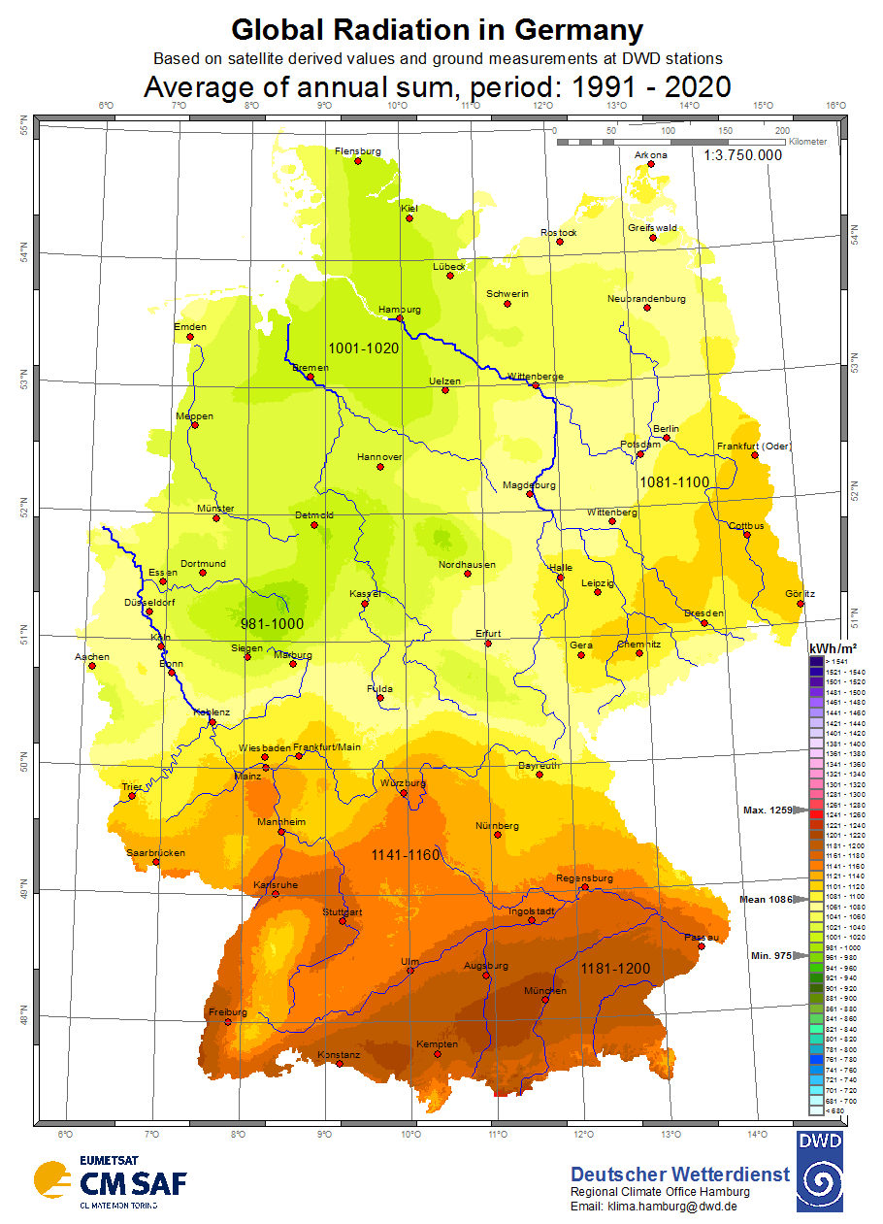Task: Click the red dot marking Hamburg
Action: [400, 318]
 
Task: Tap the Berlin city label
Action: [666, 428]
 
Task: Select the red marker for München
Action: [546, 1000]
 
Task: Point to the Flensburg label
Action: [357, 151]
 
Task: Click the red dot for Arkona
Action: [651, 164]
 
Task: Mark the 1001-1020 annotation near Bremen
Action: [364, 347]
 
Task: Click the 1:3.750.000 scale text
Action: [743, 154]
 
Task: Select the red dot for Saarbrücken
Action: [156, 862]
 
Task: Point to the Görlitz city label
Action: [801, 594]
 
